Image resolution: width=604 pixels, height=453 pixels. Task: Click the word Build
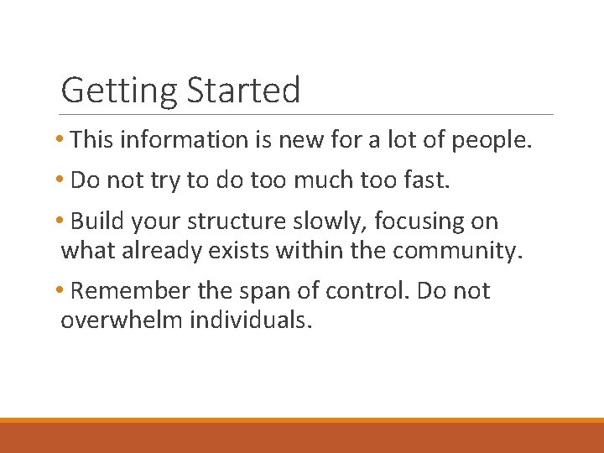point(96,221)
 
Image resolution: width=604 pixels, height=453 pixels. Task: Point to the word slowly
point(334,222)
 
